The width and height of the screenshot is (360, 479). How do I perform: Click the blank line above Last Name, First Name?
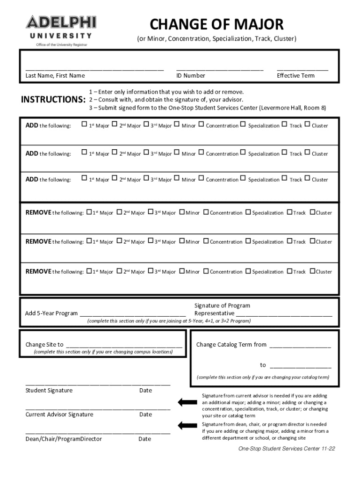(94, 68)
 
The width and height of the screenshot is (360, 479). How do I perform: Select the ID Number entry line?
(220, 68)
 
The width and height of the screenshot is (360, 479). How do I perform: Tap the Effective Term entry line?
(302, 68)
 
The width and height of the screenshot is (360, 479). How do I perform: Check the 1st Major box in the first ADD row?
(84, 125)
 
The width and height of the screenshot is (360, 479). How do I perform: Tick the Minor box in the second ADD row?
(177, 153)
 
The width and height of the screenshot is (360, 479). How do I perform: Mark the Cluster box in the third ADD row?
(307, 179)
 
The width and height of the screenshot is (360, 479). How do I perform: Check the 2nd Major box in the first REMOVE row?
(119, 212)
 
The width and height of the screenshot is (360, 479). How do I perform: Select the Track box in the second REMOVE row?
(289, 241)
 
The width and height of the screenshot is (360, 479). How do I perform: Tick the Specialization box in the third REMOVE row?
(248, 271)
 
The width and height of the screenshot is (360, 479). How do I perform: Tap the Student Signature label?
(49, 390)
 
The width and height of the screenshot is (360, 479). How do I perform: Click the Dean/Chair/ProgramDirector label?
(64, 439)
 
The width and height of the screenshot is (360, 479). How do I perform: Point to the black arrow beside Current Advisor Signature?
(187, 402)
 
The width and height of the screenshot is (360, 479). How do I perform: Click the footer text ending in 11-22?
(286, 449)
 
